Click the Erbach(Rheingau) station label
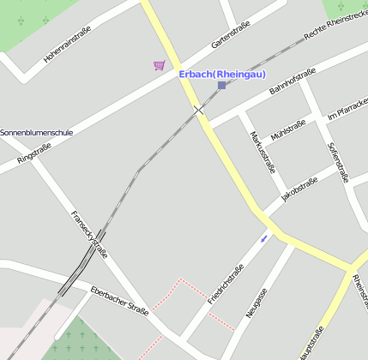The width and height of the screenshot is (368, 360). [222, 74]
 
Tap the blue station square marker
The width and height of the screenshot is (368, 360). [222, 85]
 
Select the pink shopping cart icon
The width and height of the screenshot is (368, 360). [159, 65]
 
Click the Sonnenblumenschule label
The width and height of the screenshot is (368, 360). [36, 133]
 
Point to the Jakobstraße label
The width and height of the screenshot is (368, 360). [299, 190]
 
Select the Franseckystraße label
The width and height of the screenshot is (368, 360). [88, 234]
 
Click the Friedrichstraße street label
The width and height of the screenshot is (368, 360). [226, 284]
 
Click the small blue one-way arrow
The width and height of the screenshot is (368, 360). [264, 237]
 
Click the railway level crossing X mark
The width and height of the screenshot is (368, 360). [199, 110]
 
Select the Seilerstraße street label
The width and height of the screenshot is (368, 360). [338, 162]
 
